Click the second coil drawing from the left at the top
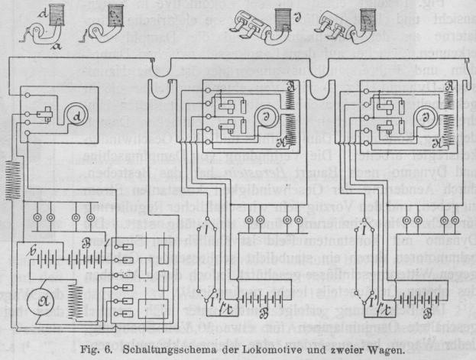point(114,15)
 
